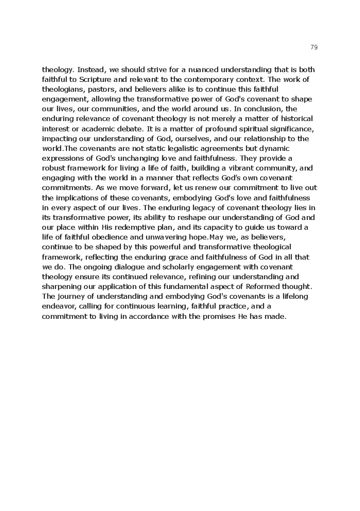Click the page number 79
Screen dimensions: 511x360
314,47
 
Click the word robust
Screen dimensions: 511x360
54,168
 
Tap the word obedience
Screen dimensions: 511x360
107,237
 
